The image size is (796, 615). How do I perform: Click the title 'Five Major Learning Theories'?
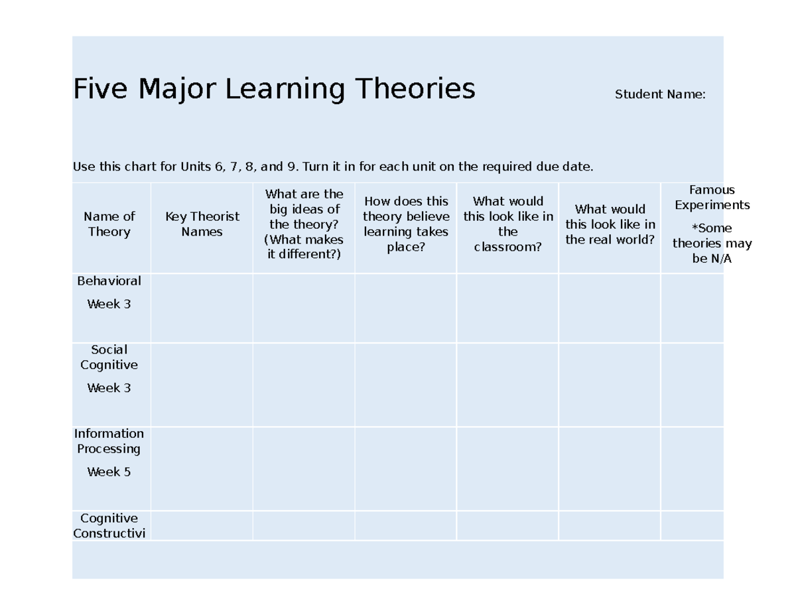coord(274,89)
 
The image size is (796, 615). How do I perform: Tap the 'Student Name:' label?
coord(660,94)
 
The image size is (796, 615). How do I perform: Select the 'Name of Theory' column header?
coord(109,224)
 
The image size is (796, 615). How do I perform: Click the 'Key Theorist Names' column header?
coord(202,224)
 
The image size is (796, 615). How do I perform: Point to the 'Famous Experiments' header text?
coord(712,198)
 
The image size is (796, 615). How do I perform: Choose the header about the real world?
coord(610,224)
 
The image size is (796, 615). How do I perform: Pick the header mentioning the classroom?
coord(508,224)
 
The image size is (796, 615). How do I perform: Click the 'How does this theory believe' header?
coord(406,224)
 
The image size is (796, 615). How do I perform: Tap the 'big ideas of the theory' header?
coord(304,224)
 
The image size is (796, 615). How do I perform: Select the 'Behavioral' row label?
coord(109,281)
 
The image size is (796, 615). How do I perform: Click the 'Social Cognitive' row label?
coord(109,358)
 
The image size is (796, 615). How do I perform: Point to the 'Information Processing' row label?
coord(109,441)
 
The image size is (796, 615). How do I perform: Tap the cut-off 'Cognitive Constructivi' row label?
coord(109,526)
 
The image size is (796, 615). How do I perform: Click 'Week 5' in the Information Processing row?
coord(109,472)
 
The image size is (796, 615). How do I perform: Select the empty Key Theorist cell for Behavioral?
coord(202,308)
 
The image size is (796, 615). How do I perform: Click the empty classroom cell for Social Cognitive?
coord(507,385)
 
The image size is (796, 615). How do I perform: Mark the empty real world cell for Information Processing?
coord(610,469)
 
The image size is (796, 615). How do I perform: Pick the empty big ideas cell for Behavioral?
coord(304,308)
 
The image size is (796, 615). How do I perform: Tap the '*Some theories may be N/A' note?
coord(712,243)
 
